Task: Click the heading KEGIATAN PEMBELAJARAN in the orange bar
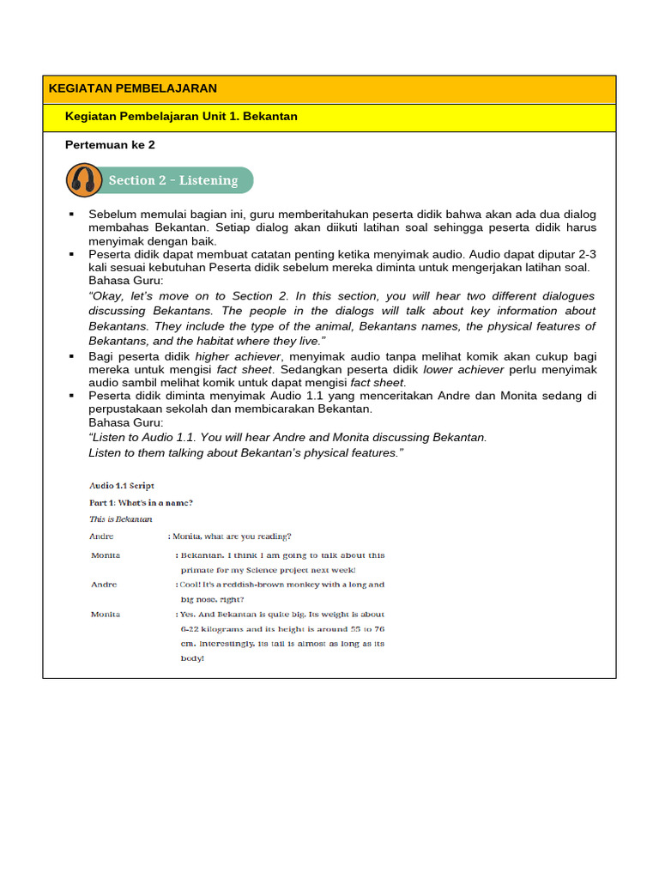pyautogui.click(x=133, y=88)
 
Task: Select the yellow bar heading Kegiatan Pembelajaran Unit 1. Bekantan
pyautogui.click(x=181, y=116)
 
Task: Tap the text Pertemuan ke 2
pyautogui.click(x=110, y=145)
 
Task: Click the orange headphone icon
pyautogui.click(x=82, y=180)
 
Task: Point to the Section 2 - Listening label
pyautogui.click(x=172, y=180)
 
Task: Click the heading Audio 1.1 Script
pyautogui.click(x=122, y=486)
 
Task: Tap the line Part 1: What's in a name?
pyautogui.click(x=141, y=502)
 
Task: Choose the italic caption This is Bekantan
pyautogui.click(x=120, y=519)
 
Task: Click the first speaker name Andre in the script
pyautogui.click(x=101, y=536)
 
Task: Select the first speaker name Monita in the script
pyautogui.click(x=106, y=555)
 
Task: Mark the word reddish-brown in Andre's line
pyautogui.click(x=242, y=585)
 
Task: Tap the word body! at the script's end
pyautogui.click(x=192, y=658)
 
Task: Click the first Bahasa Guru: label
pyautogui.click(x=125, y=281)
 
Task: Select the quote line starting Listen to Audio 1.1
pyautogui.click(x=287, y=437)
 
